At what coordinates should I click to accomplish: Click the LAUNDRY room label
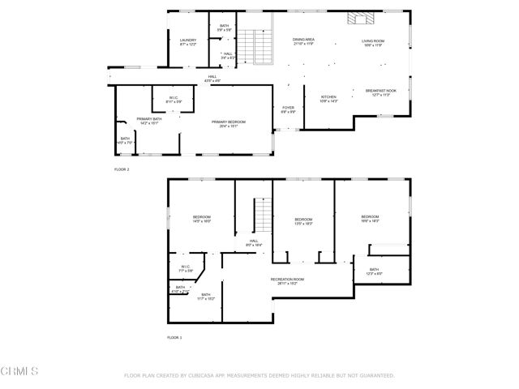(x=188, y=41)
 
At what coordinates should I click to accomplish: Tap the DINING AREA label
(x=304, y=41)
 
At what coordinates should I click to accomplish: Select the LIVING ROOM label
(x=372, y=41)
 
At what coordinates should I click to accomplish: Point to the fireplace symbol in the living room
(x=358, y=19)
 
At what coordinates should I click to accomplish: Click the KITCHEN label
(x=328, y=98)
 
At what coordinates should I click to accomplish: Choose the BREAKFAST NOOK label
(x=381, y=92)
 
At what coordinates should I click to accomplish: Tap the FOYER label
(x=288, y=109)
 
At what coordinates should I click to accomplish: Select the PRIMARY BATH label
(x=137, y=121)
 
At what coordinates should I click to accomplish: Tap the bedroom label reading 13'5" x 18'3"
(x=303, y=220)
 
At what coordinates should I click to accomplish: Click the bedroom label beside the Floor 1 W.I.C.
(x=202, y=218)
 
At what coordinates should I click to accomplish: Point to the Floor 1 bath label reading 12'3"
(x=374, y=271)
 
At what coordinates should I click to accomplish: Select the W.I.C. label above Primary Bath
(x=174, y=100)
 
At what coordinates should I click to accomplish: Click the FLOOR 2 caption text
(x=122, y=169)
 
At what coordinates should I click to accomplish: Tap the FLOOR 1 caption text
(x=174, y=336)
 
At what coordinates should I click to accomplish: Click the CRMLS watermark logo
(x=19, y=370)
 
